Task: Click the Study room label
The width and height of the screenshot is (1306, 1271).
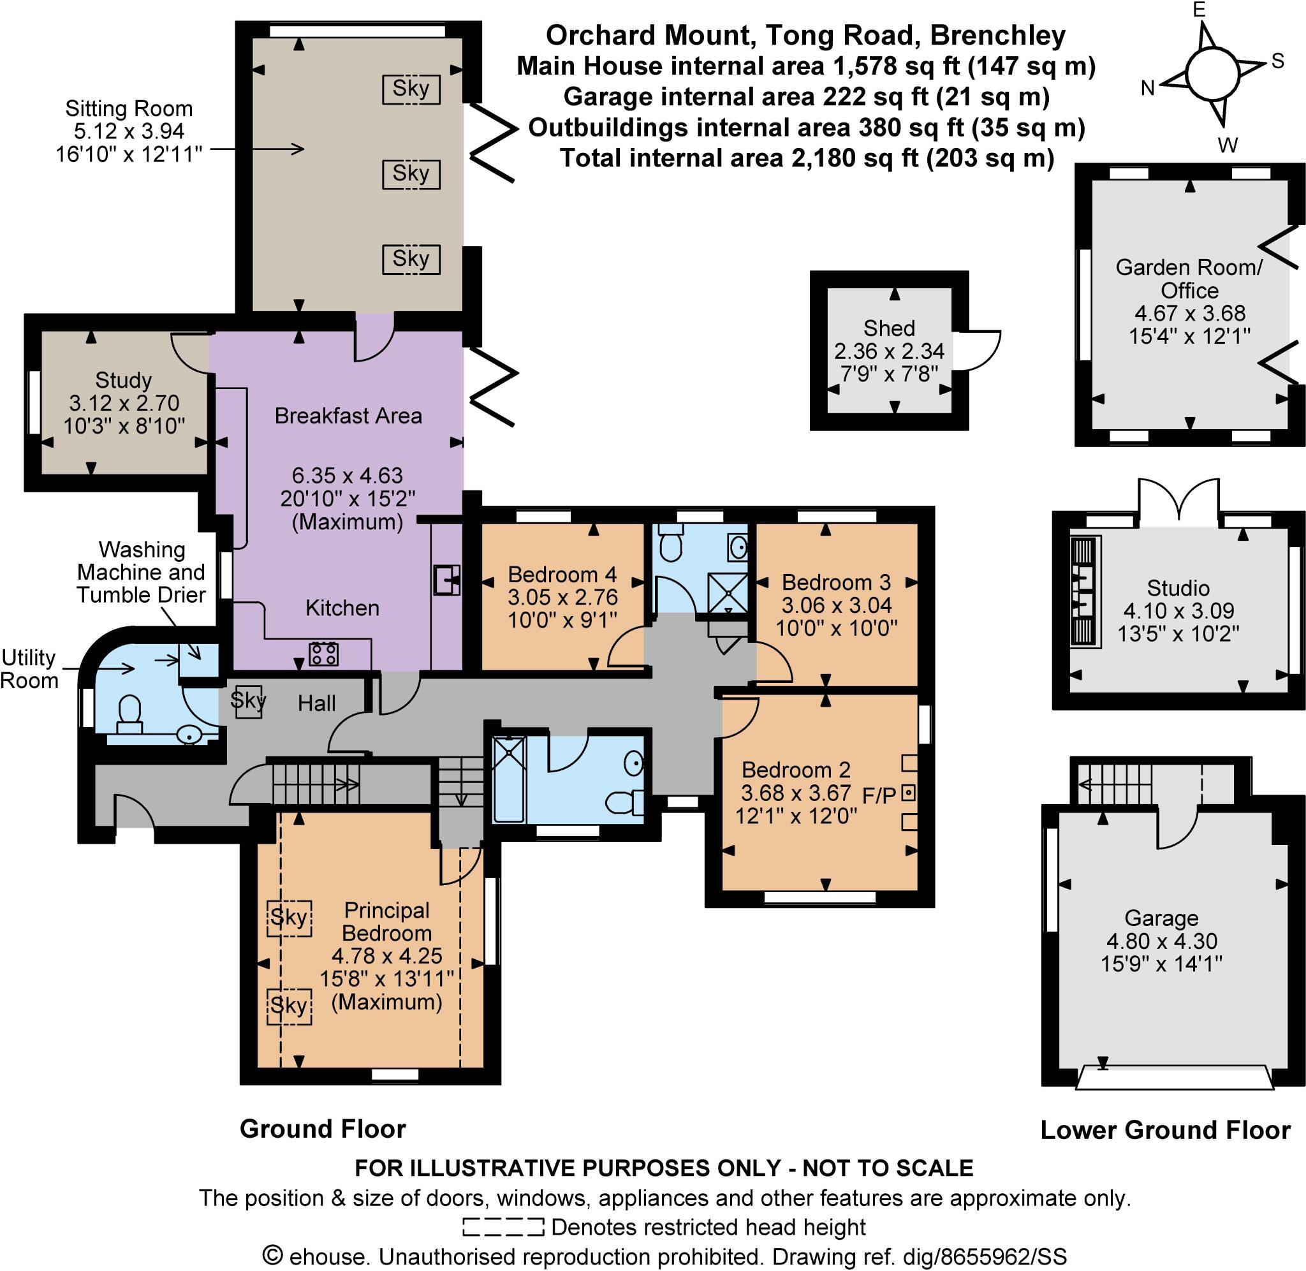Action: pos(124,380)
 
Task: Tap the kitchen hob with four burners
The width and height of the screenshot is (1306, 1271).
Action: pos(323,654)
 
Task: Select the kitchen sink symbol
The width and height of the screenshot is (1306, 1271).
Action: pos(446,579)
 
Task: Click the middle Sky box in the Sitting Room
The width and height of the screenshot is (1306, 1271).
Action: pos(411,174)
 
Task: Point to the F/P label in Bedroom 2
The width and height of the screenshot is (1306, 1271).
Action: pos(879,795)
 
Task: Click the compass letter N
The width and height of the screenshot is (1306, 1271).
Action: pos(1147,87)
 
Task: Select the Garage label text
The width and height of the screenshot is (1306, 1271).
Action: pos(1161,918)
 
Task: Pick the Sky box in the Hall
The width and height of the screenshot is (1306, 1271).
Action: pos(248,700)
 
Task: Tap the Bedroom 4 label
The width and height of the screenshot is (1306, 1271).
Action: pos(561,574)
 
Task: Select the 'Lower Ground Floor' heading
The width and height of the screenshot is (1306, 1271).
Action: pos(1164,1129)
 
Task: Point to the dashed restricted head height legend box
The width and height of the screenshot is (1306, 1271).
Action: pos(503,1227)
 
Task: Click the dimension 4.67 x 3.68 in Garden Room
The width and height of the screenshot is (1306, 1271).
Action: pos(1189,313)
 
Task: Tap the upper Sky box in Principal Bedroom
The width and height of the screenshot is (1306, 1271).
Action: pos(288,918)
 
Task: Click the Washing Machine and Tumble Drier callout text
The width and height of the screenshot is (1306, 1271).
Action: pos(141,572)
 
